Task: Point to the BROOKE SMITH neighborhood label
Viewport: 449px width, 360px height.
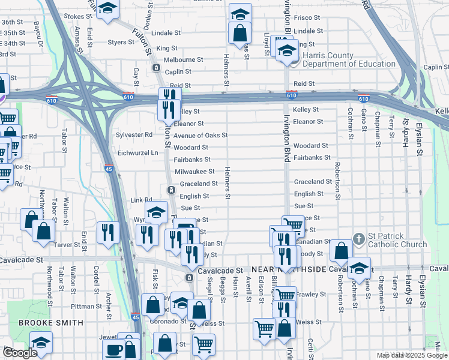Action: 50,322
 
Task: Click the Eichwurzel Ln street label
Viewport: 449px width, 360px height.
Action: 137,153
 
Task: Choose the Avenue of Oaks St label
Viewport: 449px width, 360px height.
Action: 200,136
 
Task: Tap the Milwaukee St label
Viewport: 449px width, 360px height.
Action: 194,172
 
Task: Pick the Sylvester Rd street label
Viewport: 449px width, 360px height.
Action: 134,134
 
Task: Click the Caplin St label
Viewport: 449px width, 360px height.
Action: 435,69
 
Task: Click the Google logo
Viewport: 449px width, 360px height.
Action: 20,353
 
